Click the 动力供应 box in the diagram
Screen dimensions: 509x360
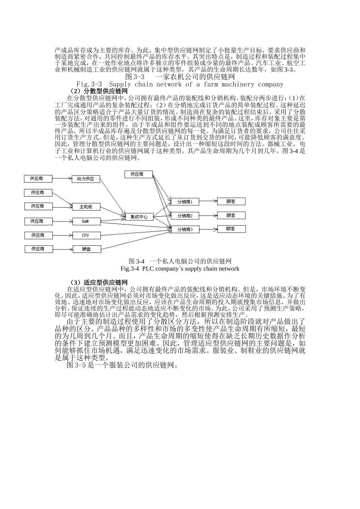[x=86, y=179]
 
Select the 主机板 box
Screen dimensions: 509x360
[x=86, y=207]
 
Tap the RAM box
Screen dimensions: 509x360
[x=86, y=221]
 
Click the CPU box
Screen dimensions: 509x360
[x=86, y=235]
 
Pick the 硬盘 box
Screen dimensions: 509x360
[x=86, y=249]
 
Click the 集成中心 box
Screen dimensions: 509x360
[x=139, y=217]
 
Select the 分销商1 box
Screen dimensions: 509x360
[x=185, y=202]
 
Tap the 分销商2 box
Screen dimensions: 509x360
[x=185, y=216]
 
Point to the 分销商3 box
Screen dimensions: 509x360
[x=185, y=230]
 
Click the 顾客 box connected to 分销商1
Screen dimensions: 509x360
[x=231, y=201]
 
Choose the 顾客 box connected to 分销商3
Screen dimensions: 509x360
[x=231, y=229]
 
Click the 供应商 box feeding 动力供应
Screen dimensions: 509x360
[x=37, y=178]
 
